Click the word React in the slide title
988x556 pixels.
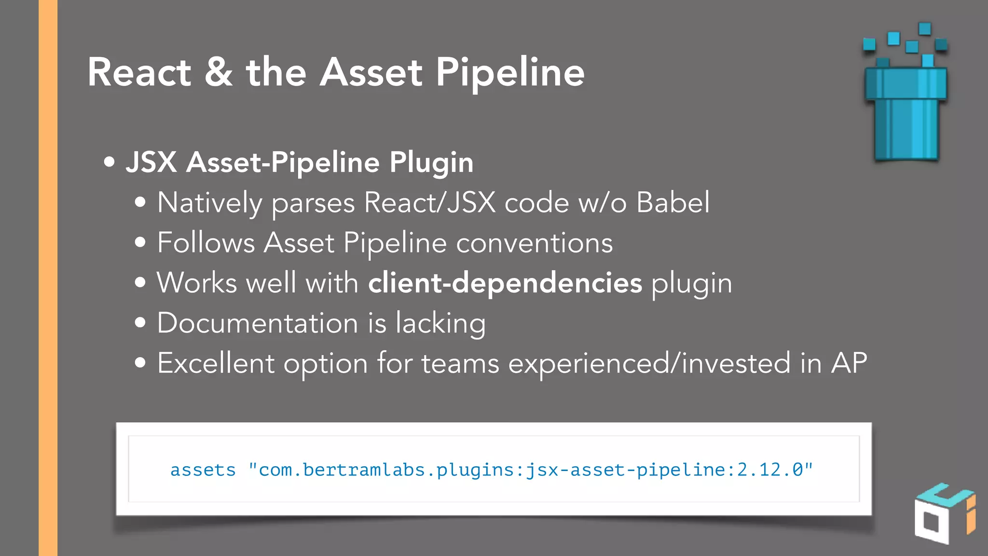139,72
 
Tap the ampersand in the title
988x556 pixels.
219,72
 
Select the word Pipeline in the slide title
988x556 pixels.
510,72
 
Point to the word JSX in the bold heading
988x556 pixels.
151,162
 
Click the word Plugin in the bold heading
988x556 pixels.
431,163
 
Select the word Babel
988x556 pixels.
673,202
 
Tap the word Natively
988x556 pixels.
209,203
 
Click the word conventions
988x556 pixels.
534,243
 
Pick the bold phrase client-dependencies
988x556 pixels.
505,282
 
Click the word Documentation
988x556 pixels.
258,323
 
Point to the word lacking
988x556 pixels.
440,323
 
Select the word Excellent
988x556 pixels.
216,363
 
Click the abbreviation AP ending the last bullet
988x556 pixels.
849,363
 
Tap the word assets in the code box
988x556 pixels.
203,470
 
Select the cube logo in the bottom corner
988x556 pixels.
944,514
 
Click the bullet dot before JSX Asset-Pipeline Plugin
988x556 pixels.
110,162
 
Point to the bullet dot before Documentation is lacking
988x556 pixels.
140,323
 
